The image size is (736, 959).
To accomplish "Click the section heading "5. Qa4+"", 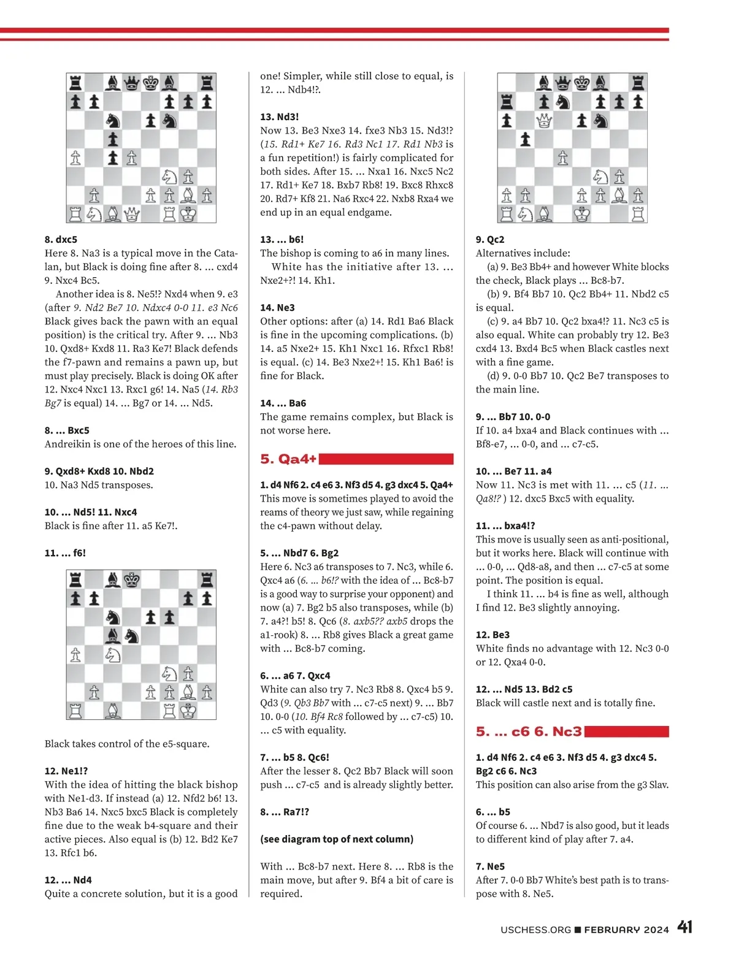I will [x=288, y=459].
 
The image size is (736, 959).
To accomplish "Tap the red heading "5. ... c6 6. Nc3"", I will [x=529, y=732].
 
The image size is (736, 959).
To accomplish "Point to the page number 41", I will [x=684, y=927].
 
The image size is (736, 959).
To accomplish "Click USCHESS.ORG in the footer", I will [x=535, y=930].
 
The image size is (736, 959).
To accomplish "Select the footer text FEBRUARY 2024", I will [x=626, y=930].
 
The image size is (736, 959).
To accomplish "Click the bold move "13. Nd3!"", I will [x=279, y=117].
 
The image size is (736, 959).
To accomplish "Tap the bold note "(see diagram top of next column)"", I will [x=337, y=839].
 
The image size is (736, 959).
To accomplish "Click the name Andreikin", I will [x=69, y=444].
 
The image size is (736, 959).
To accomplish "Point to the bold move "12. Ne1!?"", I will [x=66, y=771].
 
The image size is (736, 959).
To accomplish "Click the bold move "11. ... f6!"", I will [x=65, y=552].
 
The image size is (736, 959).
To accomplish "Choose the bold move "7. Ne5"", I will [x=490, y=866].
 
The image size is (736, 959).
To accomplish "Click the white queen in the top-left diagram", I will [x=132, y=214].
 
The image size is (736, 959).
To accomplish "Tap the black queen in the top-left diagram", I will [x=132, y=83].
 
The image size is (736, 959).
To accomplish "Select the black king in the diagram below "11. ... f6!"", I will [x=132, y=579].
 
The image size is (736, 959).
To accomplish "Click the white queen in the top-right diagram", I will [x=544, y=121].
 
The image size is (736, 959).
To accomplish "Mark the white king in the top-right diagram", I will [x=581, y=214].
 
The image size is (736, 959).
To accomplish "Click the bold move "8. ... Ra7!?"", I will [x=285, y=812].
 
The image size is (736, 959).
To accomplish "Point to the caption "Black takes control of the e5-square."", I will [x=127, y=744].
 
